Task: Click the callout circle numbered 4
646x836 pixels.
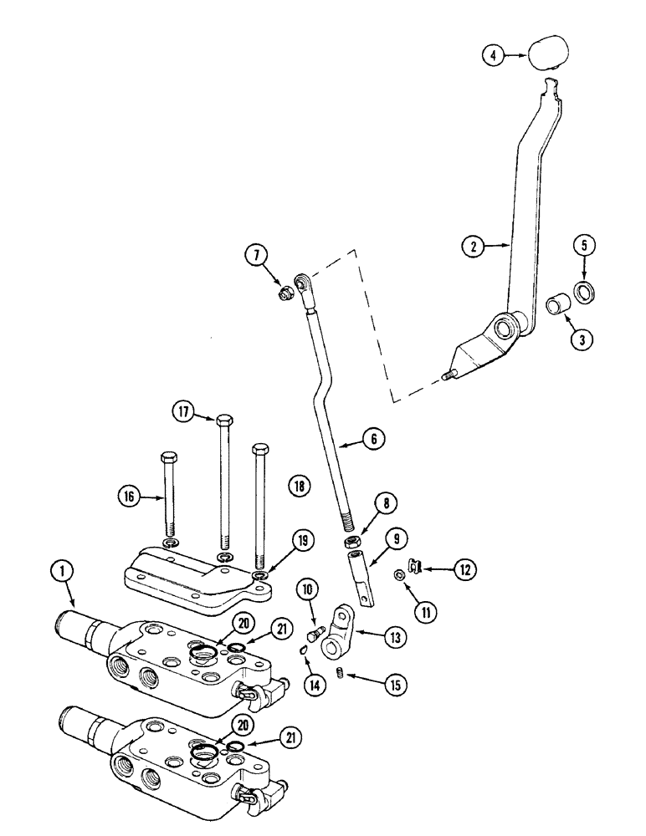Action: (495, 56)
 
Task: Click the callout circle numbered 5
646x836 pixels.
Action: (582, 247)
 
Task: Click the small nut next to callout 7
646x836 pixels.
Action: (285, 293)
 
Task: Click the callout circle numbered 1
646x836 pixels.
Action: (63, 572)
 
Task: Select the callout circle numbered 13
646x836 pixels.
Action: (392, 637)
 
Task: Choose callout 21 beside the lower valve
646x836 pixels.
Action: (290, 738)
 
